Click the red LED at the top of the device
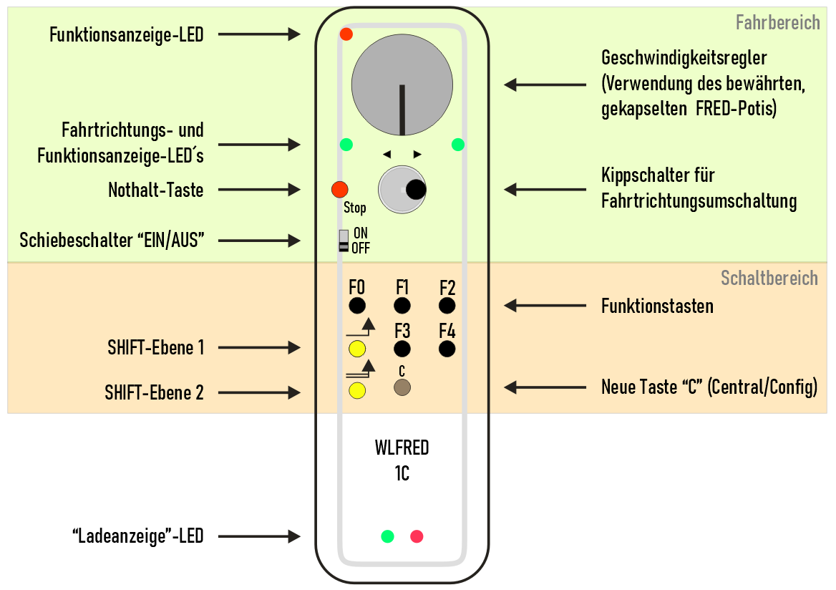[x=346, y=34]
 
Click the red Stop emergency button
[x=339, y=190]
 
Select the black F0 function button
[x=357, y=306]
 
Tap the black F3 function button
[x=402, y=349]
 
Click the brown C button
[x=402, y=387]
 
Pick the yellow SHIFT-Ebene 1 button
[x=357, y=349]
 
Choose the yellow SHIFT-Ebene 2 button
[x=357, y=390]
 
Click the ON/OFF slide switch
[x=344, y=241]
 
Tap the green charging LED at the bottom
[x=387, y=536]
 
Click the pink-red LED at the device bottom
[x=417, y=536]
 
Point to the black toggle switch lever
[x=415, y=189]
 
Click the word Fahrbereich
[x=777, y=23]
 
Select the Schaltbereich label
[x=769, y=279]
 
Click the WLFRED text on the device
[x=402, y=448]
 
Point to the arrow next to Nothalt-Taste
[x=258, y=190]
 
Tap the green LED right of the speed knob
[x=458, y=145]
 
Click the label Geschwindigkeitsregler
[x=684, y=57]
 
